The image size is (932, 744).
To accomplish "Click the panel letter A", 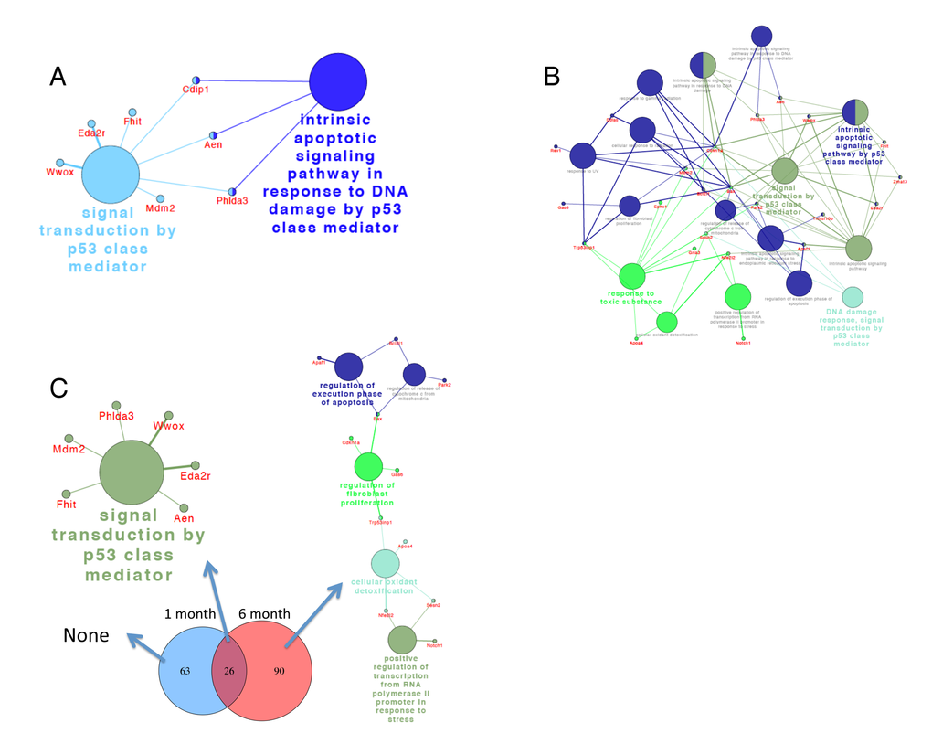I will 58,77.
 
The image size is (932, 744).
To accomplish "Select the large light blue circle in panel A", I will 111,175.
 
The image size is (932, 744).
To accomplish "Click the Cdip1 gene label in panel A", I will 196,90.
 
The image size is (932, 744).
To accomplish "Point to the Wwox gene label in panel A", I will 60,171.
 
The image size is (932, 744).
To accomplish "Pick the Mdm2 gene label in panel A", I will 161,208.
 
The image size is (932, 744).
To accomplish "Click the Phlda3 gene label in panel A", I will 231,200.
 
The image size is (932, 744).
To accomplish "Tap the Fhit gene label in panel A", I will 132,121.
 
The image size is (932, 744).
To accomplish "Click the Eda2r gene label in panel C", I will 196,476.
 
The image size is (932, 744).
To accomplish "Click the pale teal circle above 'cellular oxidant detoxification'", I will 385,564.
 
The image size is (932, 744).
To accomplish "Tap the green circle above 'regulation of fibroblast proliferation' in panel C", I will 369,466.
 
